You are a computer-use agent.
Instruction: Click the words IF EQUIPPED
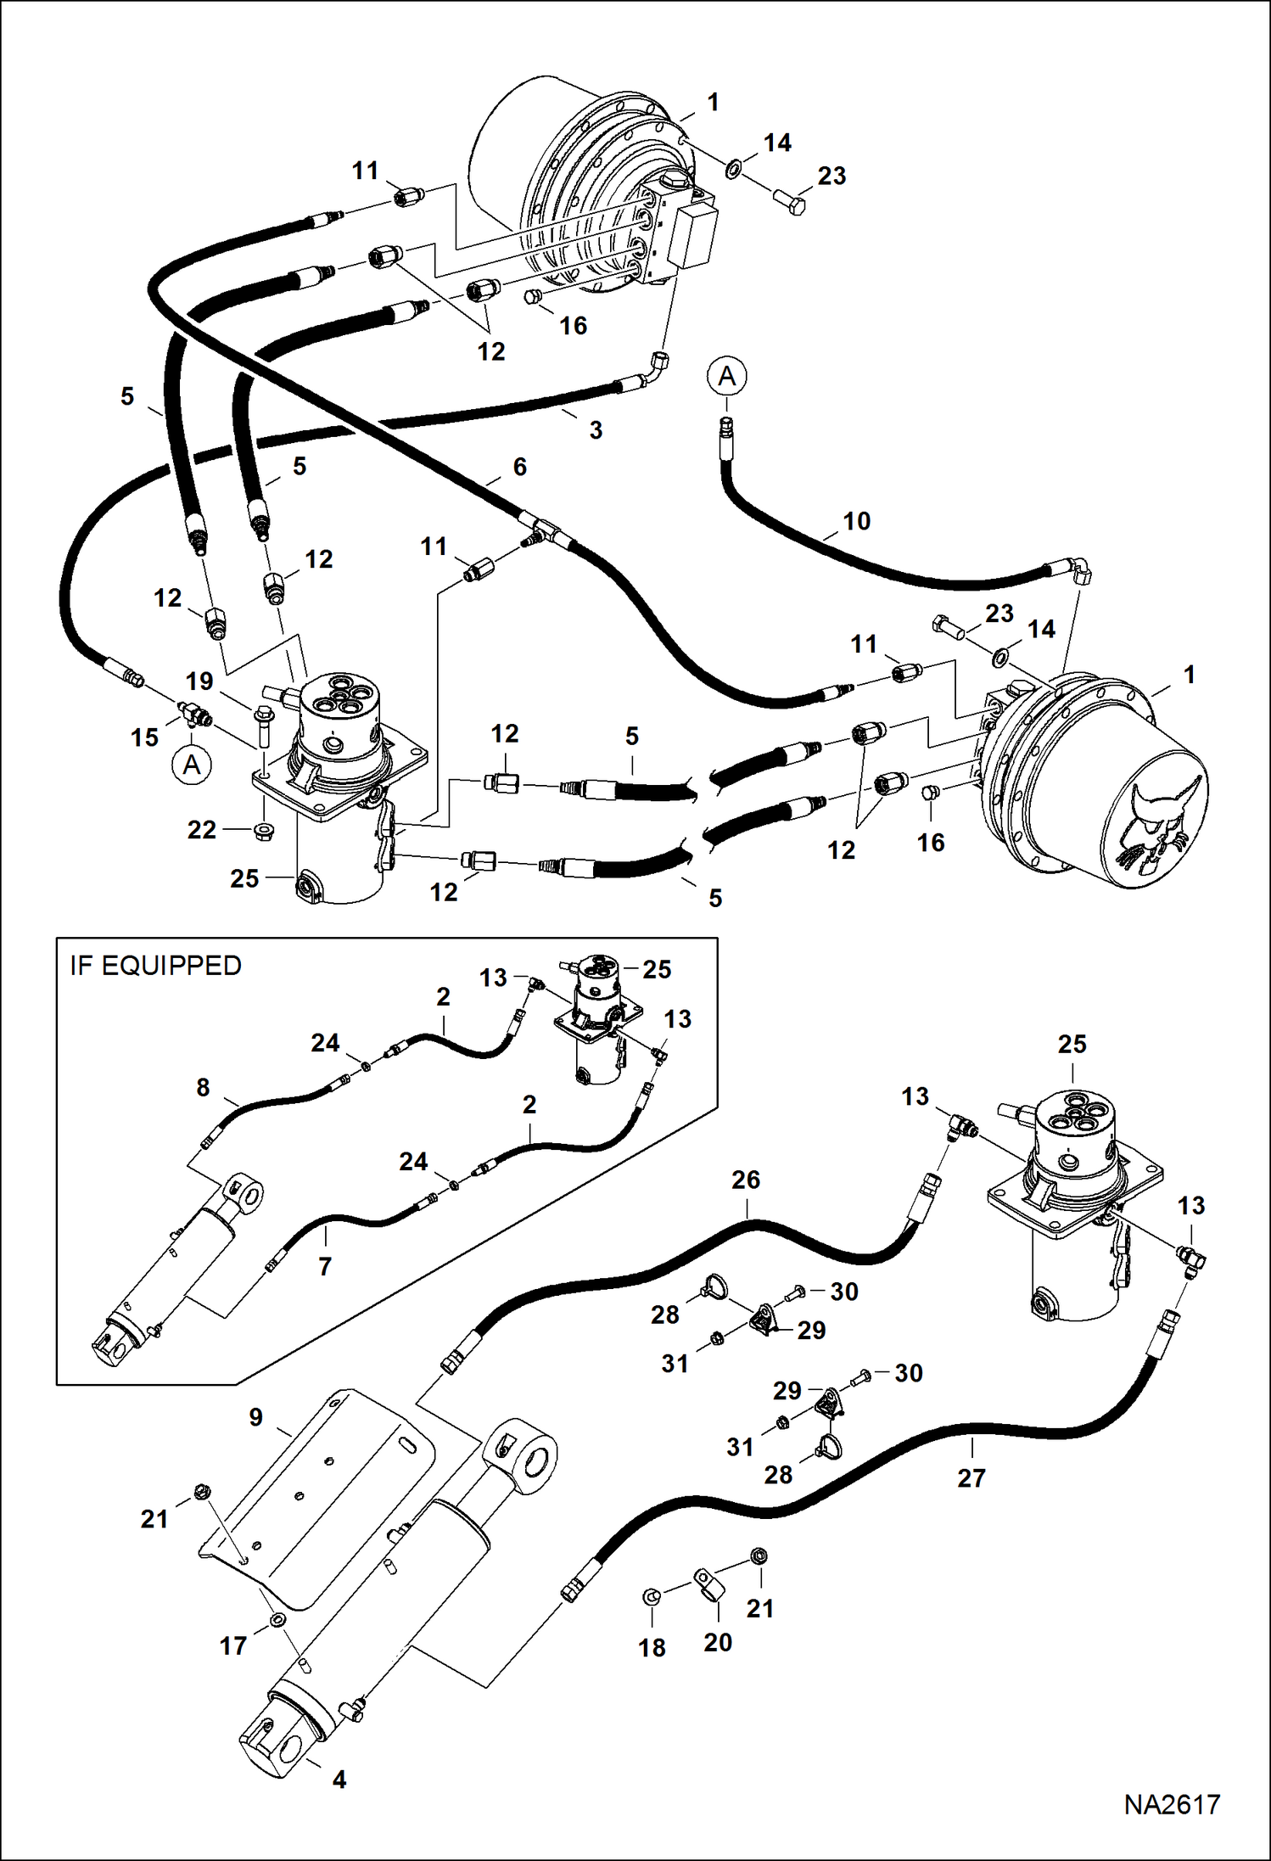click(x=155, y=966)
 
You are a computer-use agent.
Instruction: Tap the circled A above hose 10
click(x=726, y=376)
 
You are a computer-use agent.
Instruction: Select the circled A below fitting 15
click(x=192, y=765)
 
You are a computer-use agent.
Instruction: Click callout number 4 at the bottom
click(x=339, y=1780)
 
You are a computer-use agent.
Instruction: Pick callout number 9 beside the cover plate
click(x=255, y=1417)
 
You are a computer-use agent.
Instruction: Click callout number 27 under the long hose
click(x=971, y=1478)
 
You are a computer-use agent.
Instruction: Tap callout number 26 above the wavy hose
click(x=746, y=1180)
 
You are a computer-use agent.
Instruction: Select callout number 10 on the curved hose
click(x=856, y=521)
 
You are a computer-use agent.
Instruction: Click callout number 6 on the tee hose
click(x=519, y=467)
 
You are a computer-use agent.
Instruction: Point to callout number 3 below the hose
click(x=596, y=430)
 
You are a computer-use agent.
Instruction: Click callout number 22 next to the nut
click(x=202, y=829)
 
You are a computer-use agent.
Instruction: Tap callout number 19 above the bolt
click(x=199, y=681)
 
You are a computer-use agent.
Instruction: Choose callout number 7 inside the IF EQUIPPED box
click(x=325, y=1267)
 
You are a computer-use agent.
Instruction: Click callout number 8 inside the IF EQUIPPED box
click(x=203, y=1087)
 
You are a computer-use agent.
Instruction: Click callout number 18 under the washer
click(x=652, y=1648)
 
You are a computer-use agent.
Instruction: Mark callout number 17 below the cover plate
click(x=233, y=1645)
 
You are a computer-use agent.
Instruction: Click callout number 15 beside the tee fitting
click(x=145, y=737)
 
